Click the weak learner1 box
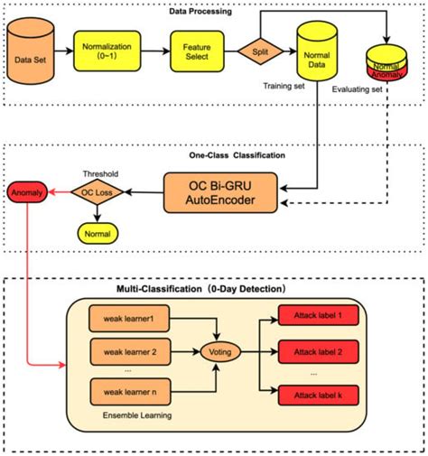click(127, 319)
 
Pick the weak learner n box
click(127, 392)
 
